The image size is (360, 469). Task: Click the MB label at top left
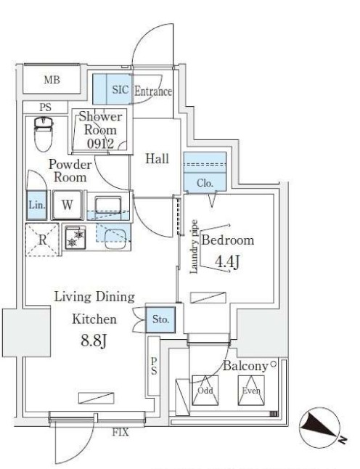click(52, 80)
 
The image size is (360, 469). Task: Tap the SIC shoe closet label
click(120, 89)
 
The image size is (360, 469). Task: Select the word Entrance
click(153, 91)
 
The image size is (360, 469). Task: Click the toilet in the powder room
click(44, 134)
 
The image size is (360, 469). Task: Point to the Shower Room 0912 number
click(100, 144)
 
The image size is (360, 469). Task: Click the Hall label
click(157, 158)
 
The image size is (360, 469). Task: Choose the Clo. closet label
click(205, 183)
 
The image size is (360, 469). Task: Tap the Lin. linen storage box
click(37, 205)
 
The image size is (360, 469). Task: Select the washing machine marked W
click(67, 205)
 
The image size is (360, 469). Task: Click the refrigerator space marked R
click(42, 240)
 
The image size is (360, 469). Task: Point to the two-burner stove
click(75, 238)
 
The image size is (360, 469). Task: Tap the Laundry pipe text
click(194, 247)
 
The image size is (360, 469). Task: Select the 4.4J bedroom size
click(228, 262)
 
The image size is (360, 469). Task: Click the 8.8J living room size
click(94, 340)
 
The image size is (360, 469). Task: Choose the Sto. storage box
click(160, 319)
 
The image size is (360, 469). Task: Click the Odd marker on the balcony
click(205, 391)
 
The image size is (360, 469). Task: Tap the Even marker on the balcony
click(251, 391)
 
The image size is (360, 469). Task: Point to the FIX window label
click(120, 432)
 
